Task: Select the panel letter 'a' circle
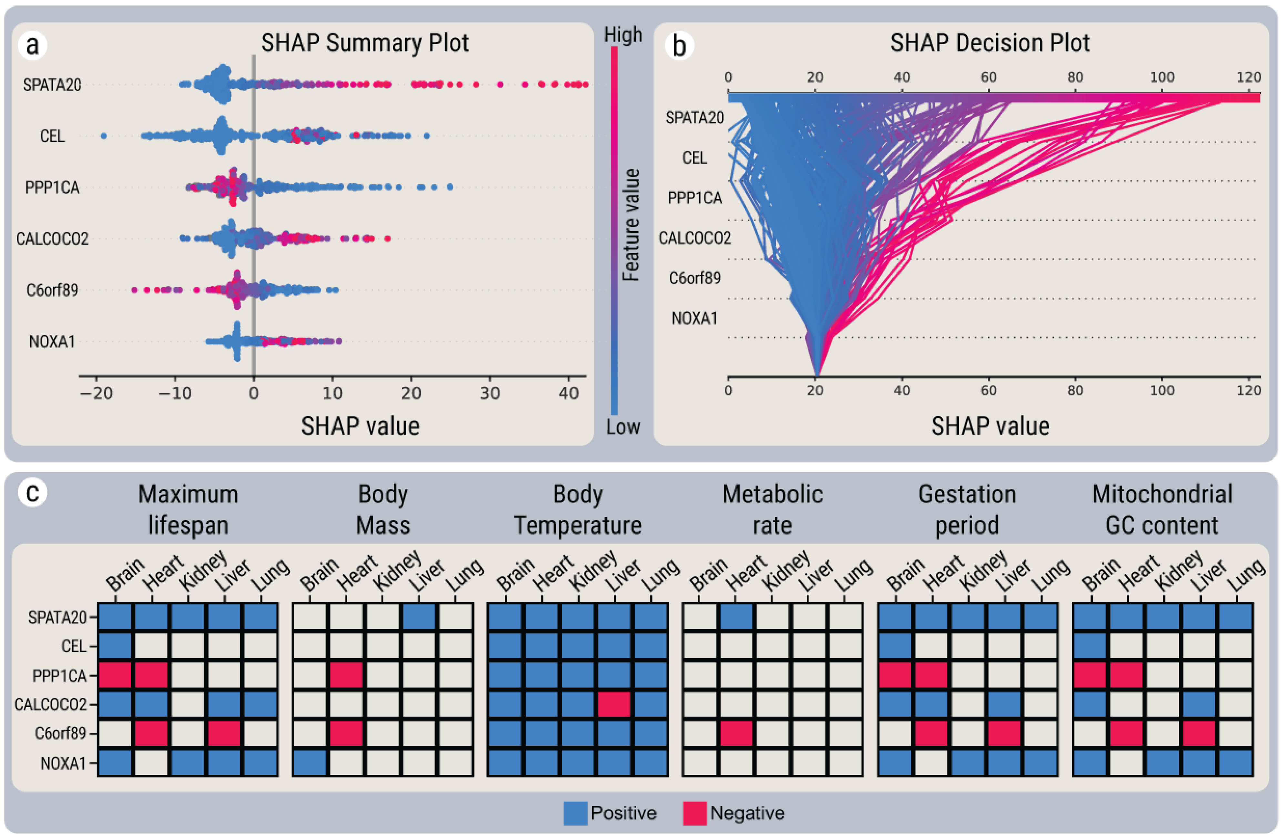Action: pos(32,45)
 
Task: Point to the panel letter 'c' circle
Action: pos(32,492)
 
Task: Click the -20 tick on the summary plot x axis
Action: pos(96,393)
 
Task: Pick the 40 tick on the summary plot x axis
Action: pos(569,393)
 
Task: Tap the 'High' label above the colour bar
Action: pos(622,35)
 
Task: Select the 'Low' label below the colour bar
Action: pos(622,427)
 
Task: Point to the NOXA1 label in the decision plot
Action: pos(694,318)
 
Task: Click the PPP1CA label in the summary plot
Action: pos(52,187)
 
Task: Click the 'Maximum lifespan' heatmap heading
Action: pos(188,509)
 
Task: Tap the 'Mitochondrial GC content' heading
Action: pos(1162,509)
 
